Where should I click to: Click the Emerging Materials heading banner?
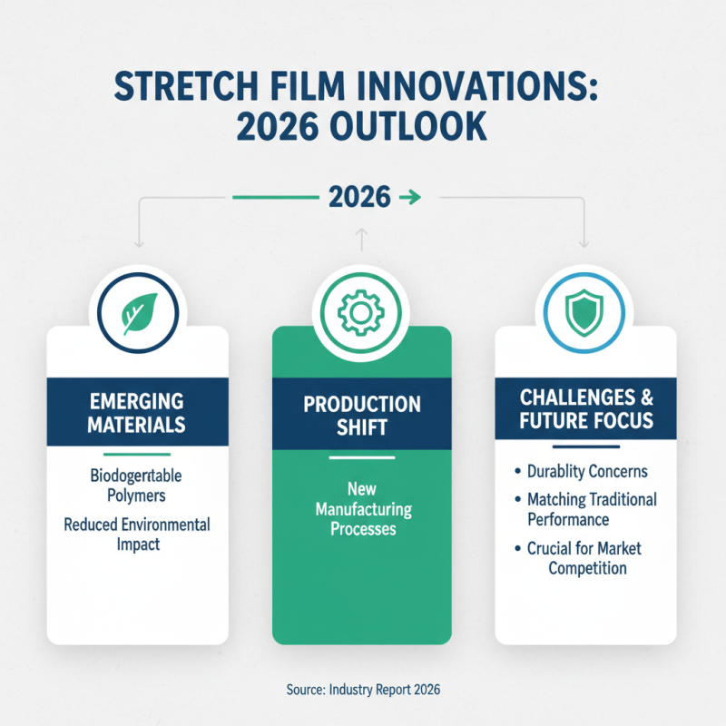pos(137,412)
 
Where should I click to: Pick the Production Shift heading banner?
pos(361,415)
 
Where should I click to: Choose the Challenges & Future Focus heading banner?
pos(585,409)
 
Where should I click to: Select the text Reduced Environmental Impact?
pos(137,535)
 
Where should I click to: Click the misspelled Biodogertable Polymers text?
pos(137,486)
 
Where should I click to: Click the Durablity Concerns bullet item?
pos(587,472)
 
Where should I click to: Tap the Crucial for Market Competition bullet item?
pos(585,558)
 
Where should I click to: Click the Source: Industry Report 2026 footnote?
pos(362,691)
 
